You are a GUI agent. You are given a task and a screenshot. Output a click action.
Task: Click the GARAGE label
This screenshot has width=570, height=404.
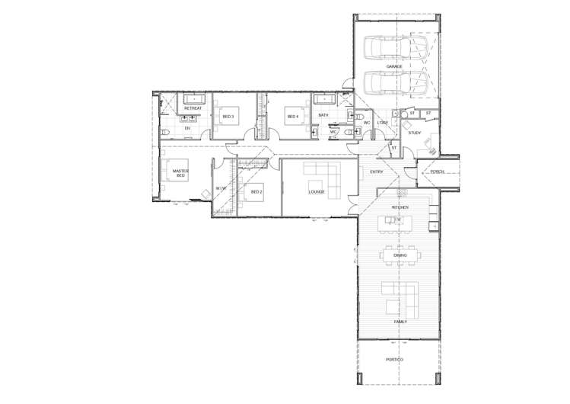[393, 66]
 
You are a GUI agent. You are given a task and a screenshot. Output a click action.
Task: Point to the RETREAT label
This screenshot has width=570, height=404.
[193, 108]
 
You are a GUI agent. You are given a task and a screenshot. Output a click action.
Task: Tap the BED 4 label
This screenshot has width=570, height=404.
[291, 117]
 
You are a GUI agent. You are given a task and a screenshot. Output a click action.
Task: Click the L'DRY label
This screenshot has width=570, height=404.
[383, 122]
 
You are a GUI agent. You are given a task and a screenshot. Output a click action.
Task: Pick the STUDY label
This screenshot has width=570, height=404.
[414, 133]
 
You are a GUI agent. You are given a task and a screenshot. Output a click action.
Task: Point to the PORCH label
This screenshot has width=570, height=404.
[437, 172]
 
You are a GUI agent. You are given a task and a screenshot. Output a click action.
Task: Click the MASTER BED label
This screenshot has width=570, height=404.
[180, 173]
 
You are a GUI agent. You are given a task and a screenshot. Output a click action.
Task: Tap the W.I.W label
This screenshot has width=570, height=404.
[221, 188]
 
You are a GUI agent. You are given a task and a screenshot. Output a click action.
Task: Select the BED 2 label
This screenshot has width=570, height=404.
[256, 191]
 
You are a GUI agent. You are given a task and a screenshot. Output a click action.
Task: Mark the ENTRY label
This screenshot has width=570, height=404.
[376, 172]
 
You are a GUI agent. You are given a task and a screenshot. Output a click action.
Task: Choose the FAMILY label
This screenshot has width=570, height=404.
[400, 322]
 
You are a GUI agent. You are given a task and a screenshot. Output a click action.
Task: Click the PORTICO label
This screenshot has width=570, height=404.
[394, 358]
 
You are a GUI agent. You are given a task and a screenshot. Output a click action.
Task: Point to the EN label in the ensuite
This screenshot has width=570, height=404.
[187, 128]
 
